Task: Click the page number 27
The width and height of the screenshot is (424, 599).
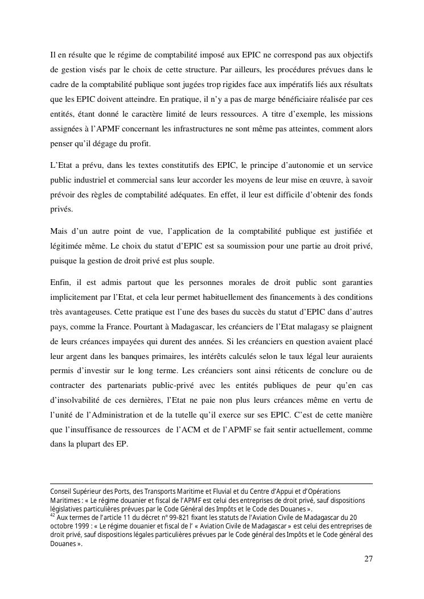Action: [368, 559]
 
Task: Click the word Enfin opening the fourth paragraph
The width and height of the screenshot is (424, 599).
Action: [60, 283]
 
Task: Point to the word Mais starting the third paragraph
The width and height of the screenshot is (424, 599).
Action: [60, 231]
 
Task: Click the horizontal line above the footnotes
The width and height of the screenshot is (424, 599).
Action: [211, 484]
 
